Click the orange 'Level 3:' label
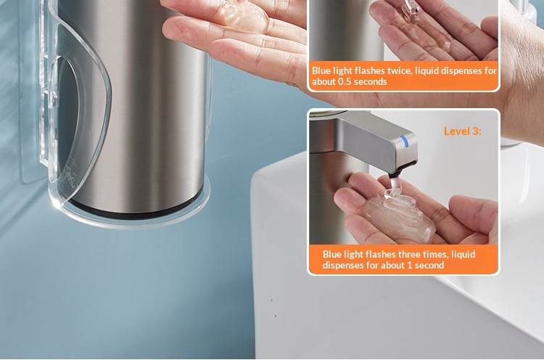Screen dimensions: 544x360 [x=463, y=131]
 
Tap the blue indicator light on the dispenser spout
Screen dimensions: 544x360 [x=404, y=141]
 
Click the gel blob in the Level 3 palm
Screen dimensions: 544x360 [x=398, y=216]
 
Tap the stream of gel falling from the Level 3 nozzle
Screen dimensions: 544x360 [x=395, y=186]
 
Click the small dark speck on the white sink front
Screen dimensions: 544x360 [x=276, y=316]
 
